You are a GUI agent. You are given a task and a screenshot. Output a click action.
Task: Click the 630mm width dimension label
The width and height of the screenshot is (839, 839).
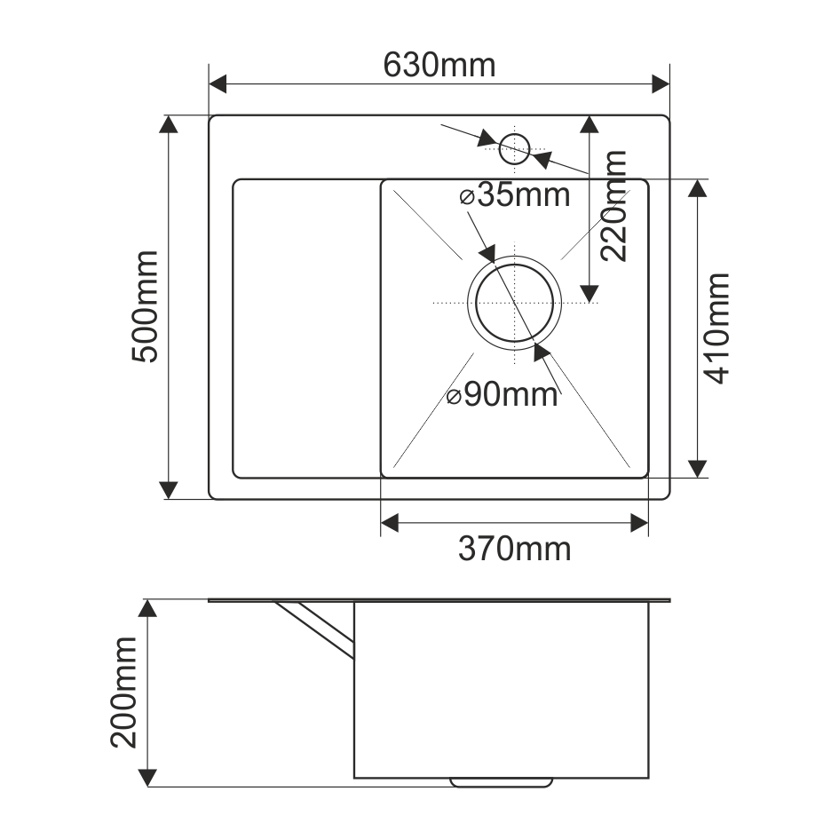439,64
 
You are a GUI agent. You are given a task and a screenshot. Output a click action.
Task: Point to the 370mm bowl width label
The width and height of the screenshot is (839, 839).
514,550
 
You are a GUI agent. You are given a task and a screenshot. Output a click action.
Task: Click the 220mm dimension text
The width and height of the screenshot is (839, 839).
613,206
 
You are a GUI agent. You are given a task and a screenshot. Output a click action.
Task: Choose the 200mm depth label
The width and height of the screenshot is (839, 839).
125,693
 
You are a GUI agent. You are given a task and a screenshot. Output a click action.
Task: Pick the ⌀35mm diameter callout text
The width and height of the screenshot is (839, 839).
515,194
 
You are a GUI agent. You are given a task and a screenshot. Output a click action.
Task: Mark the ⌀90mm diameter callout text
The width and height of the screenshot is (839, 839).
503,395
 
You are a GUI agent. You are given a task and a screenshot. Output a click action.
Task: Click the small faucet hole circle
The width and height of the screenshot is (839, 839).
514,147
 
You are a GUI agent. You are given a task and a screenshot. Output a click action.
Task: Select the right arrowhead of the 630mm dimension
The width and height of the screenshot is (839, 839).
661,84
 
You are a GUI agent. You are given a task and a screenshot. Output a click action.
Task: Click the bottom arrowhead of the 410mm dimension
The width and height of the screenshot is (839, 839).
698,469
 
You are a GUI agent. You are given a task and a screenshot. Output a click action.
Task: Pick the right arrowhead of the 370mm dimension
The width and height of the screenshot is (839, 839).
639,524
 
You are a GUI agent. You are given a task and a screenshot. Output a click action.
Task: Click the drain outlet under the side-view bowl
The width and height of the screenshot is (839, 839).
503,782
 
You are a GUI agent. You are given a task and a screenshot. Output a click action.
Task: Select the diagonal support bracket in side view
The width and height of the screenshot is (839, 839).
315,629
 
